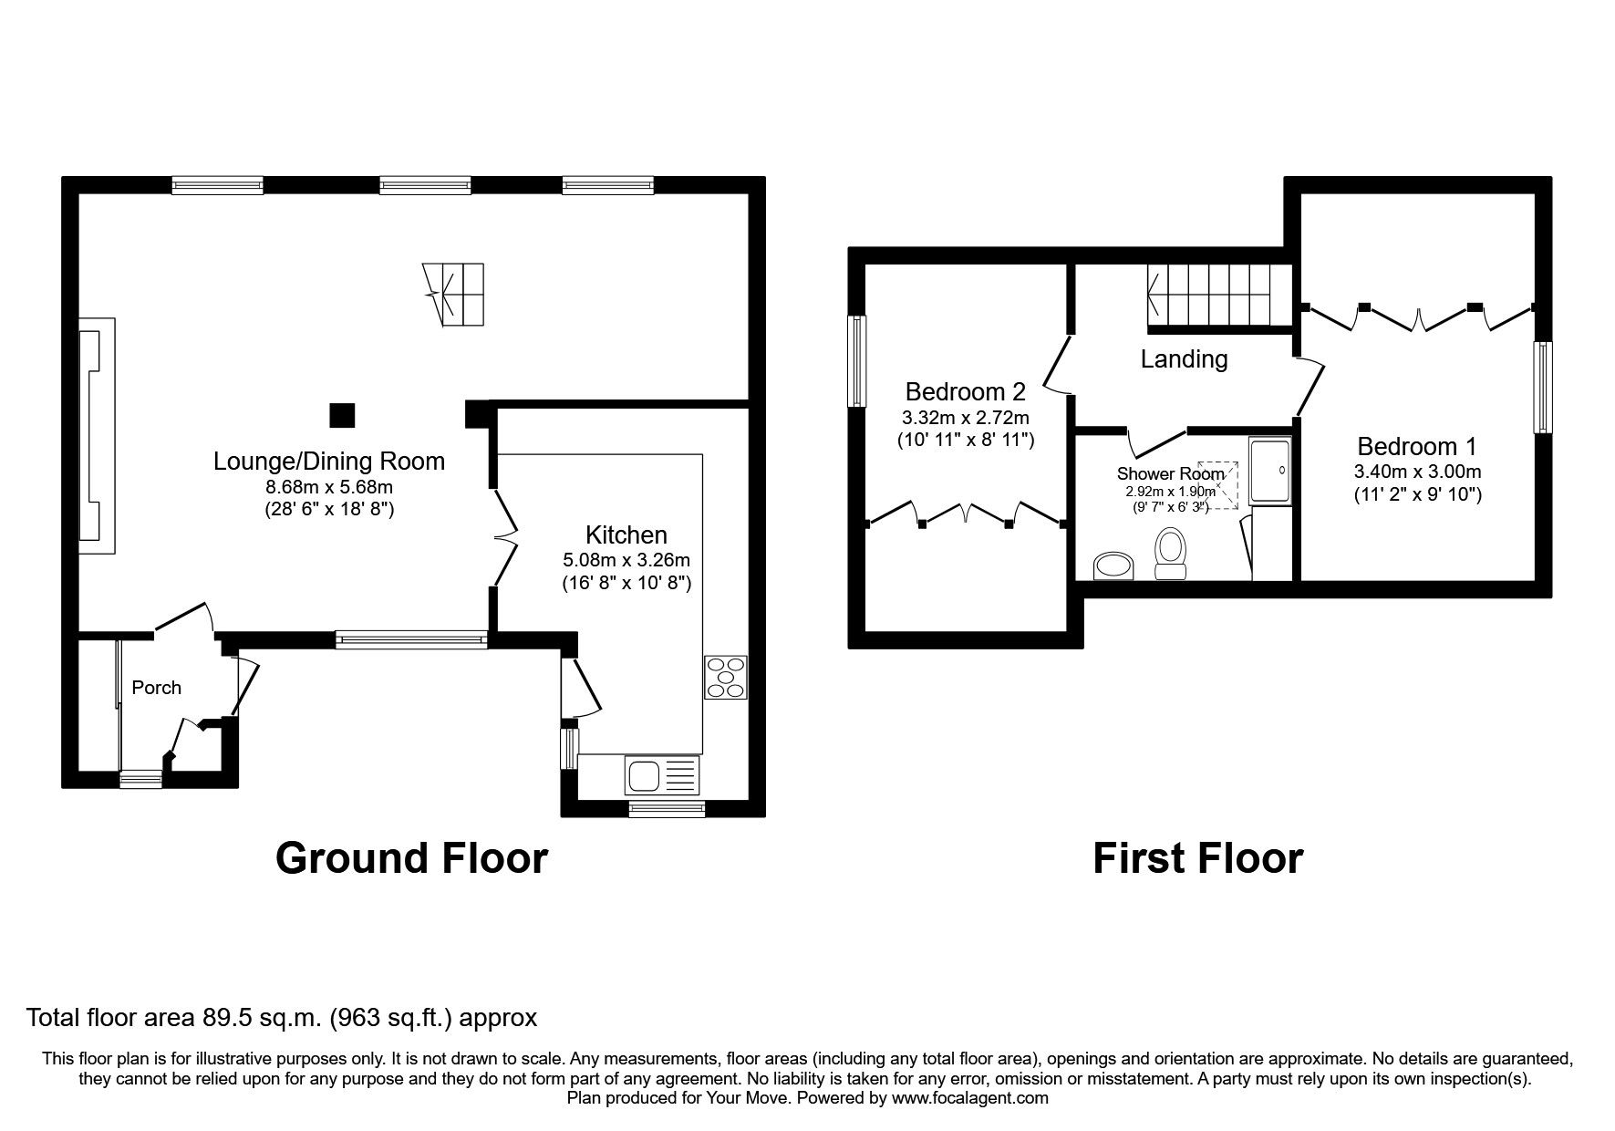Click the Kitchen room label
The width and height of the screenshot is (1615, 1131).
[x=626, y=534]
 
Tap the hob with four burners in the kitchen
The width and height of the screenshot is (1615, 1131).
[x=725, y=678]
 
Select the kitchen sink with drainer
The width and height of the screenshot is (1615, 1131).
[x=662, y=776]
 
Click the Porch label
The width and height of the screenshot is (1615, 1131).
[x=156, y=688]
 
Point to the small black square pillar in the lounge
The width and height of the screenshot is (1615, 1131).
[x=342, y=415]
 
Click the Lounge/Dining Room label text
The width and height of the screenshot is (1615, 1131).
[x=329, y=461]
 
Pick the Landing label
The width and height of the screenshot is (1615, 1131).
[x=1184, y=359]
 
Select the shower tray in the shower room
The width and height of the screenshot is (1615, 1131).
[x=1270, y=471]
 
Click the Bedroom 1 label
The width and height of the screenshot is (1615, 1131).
[x=1416, y=446]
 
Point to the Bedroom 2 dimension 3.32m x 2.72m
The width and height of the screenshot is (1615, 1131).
[x=965, y=418]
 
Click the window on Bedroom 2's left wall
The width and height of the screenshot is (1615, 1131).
[x=857, y=361]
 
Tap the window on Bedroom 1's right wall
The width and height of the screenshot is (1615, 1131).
[x=1542, y=387]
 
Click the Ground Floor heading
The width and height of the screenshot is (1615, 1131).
[x=411, y=858]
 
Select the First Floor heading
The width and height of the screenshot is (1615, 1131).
[x=1197, y=858]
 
